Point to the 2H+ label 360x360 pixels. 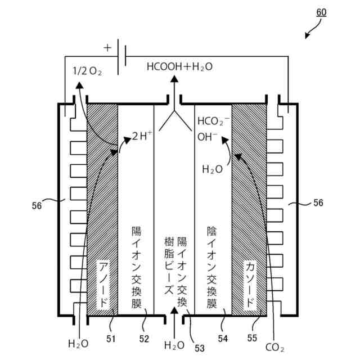click(142, 136)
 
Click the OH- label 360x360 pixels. click(207, 136)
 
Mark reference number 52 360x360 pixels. click(144, 339)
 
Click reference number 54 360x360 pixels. click(223, 339)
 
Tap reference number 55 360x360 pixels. click(251, 339)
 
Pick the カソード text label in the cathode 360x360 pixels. click(250, 284)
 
